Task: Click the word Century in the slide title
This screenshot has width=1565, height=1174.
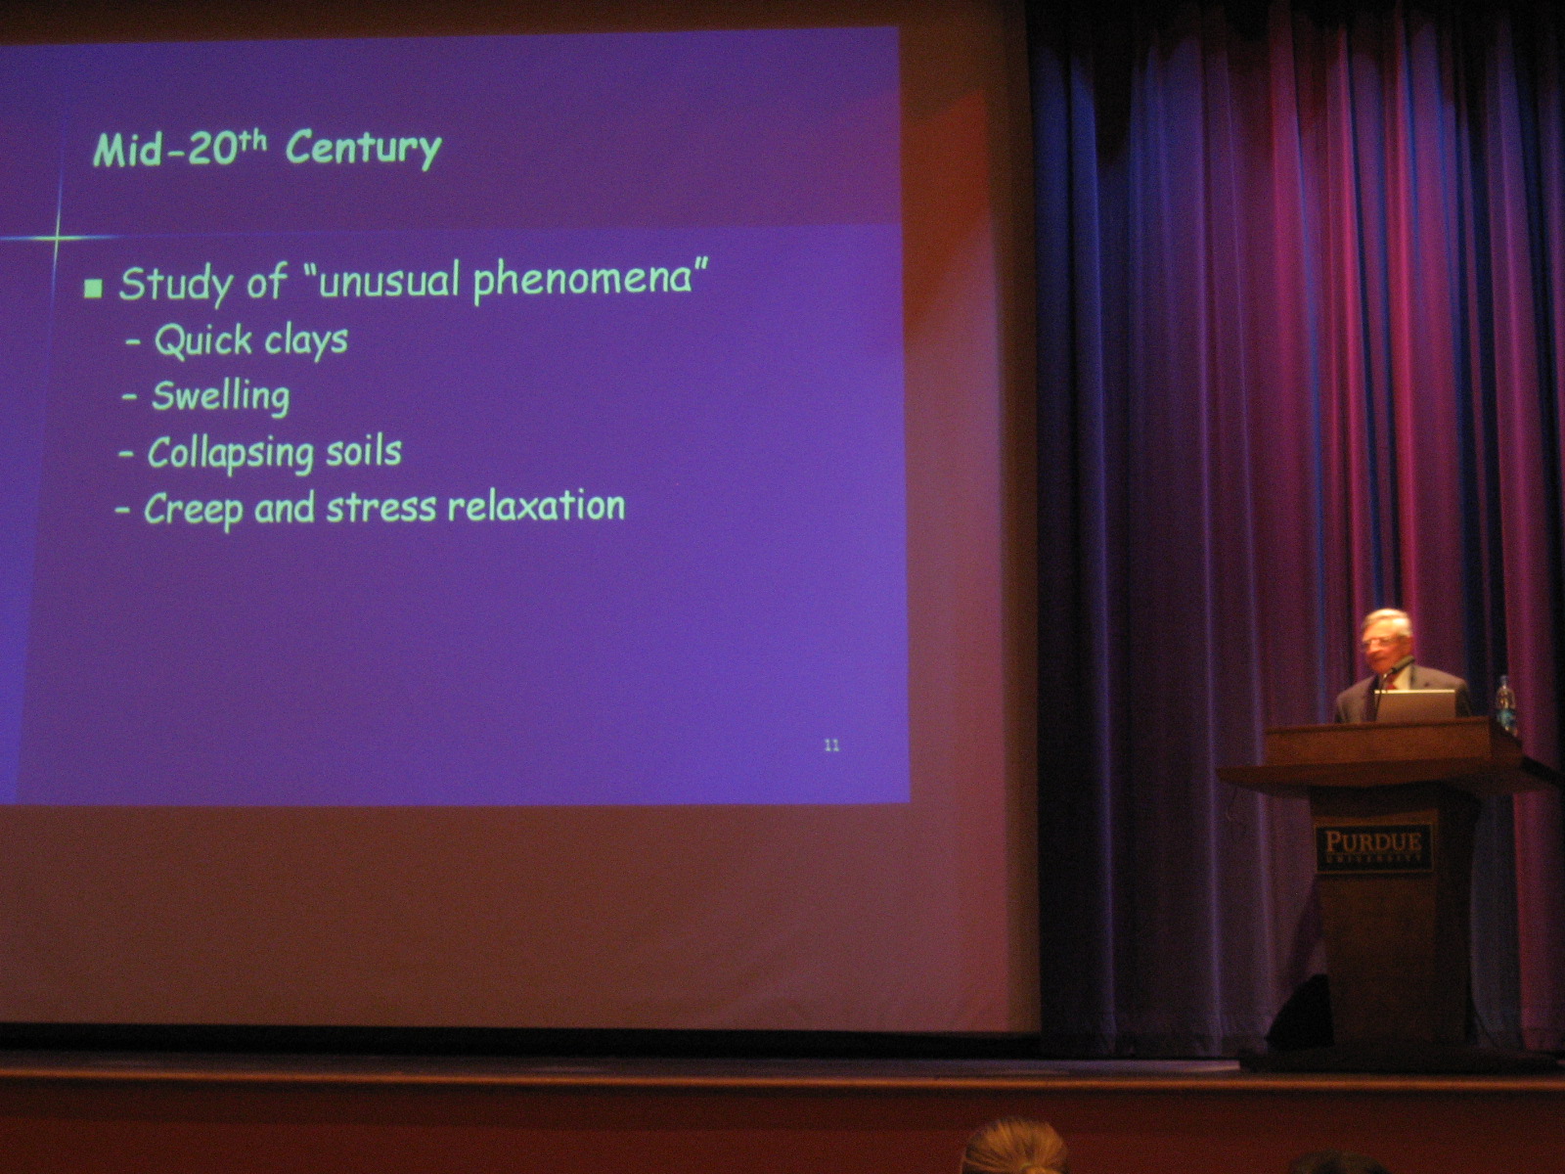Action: click(x=364, y=151)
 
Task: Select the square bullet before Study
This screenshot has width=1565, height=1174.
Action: click(x=93, y=288)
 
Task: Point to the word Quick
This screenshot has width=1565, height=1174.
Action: click(x=202, y=339)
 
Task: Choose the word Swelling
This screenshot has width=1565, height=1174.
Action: click(x=221, y=396)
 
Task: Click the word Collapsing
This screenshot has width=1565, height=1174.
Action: click(x=230, y=453)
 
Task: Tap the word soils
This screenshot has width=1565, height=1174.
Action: click(x=364, y=451)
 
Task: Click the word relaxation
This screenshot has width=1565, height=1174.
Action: click(x=536, y=506)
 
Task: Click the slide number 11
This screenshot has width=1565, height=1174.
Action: click(x=831, y=745)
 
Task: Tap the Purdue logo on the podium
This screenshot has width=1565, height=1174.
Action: click(x=1373, y=847)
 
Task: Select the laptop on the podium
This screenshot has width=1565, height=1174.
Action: click(x=1414, y=705)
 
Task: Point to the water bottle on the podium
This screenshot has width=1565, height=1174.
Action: click(x=1504, y=704)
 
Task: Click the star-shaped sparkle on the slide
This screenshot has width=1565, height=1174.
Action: click(x=57, y=238)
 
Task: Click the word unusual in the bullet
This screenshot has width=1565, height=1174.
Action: click(x=386, y=280)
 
